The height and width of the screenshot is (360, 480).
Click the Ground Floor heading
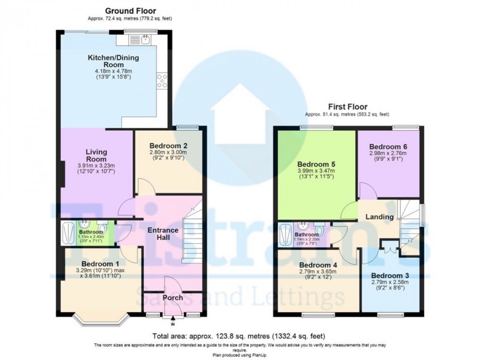tap(130, 10)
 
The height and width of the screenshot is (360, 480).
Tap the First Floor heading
tap(348, 107)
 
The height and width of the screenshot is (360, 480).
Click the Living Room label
tap(96, 155)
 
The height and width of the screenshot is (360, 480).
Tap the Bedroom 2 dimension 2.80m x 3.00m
tap(168, 153)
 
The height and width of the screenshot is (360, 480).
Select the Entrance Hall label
tap(163, 234)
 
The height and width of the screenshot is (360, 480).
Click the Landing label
tap(380, 217)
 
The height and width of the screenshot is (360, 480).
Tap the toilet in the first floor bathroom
tap(320, 231)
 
